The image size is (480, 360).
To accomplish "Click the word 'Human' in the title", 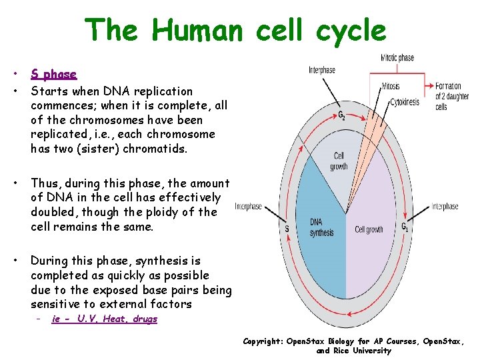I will [x=197, y=30].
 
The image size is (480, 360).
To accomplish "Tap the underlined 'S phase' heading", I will [x=54, y=74].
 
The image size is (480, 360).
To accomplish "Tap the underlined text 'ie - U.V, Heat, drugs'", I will [x=104, y=319].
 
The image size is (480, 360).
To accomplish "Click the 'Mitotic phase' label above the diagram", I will [x=397, y=57].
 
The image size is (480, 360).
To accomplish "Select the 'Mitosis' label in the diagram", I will [x=391, y=86].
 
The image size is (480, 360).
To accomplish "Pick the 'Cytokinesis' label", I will [x=405, y=102].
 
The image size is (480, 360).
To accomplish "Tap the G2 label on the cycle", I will [x=341, y=115].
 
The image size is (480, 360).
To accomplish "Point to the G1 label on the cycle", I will [x=405, y=226].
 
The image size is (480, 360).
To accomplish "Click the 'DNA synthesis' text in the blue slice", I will [x=321, y=227].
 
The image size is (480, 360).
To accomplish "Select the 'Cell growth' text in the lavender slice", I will [x=369, y=229].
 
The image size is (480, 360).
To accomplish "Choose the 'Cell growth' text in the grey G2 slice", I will [x=339, y=161].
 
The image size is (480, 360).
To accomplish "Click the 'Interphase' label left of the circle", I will [x=249, y=207].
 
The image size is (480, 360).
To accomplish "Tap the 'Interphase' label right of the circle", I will [x=445, y=207].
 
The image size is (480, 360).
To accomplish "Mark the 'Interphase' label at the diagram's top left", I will [x=322, y=70].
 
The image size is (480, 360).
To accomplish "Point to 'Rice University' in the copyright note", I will [x=353, y=351].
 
